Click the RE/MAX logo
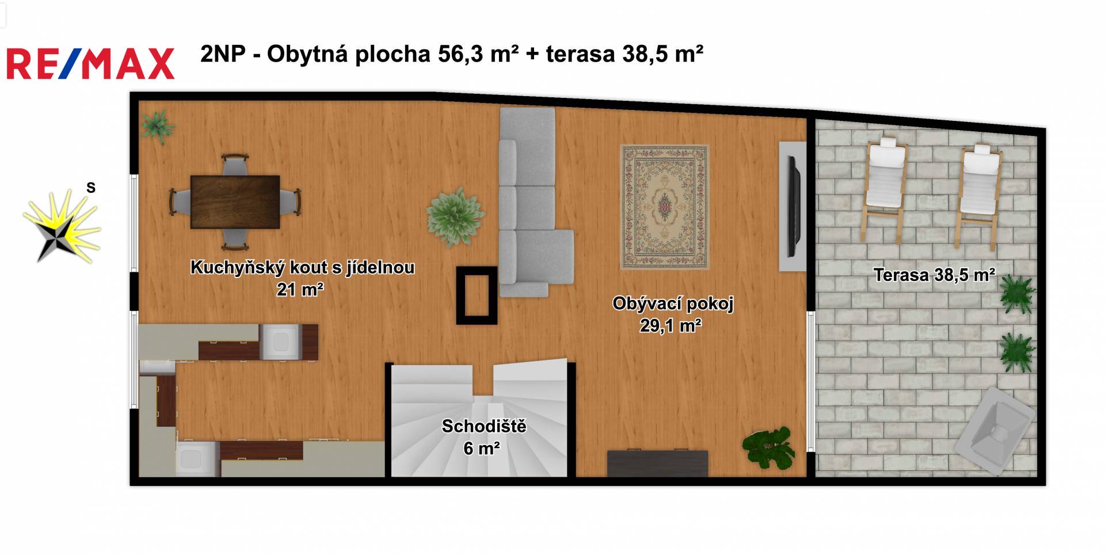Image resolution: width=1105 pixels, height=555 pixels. pyautogui.click(x=90, y=63)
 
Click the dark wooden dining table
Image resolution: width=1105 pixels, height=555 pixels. pyautogui.click(x=235, y=202)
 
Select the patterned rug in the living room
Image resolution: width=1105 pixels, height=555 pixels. pyautogui.click(x=665, y=207)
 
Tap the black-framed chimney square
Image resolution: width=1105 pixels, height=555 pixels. pyautogui.click(x=477, y=295)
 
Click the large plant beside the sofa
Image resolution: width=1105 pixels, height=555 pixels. pyautogui.click(x=454, y=216)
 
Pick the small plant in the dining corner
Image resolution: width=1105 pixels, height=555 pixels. pyautogui.click(x=157, y=126)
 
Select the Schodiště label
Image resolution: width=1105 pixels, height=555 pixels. pyautogui.click(x=484, y=426)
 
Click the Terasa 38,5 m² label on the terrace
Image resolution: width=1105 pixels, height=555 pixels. pyautogui.click(x=935, y=275)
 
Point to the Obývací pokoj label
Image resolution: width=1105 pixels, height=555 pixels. pyautogui.click(x=673, y=303)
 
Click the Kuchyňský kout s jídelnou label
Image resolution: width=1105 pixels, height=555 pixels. pyautogui.click(x=302, y=267)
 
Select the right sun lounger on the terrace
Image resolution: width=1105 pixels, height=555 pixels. pyautogui.click(x=978, y=193)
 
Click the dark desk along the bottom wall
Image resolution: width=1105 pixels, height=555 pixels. pyautogui.click(x=658, y=463)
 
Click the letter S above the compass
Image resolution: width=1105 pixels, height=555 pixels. pyautogui.click(x=91, y=188)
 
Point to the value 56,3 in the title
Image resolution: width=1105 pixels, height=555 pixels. pyautogui.click(x=460, y=54)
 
